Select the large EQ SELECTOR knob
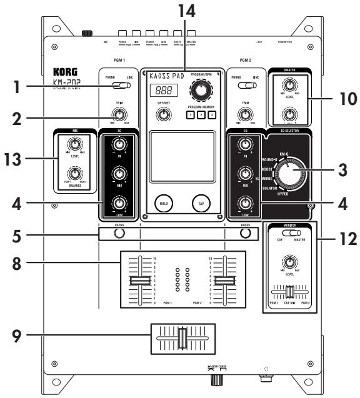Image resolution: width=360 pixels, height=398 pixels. coord(290,177)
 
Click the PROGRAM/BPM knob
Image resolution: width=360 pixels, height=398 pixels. coord(201,92)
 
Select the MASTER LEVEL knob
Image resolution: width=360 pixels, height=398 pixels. coord(288,86)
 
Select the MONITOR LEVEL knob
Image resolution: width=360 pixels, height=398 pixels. coord(289,262)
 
